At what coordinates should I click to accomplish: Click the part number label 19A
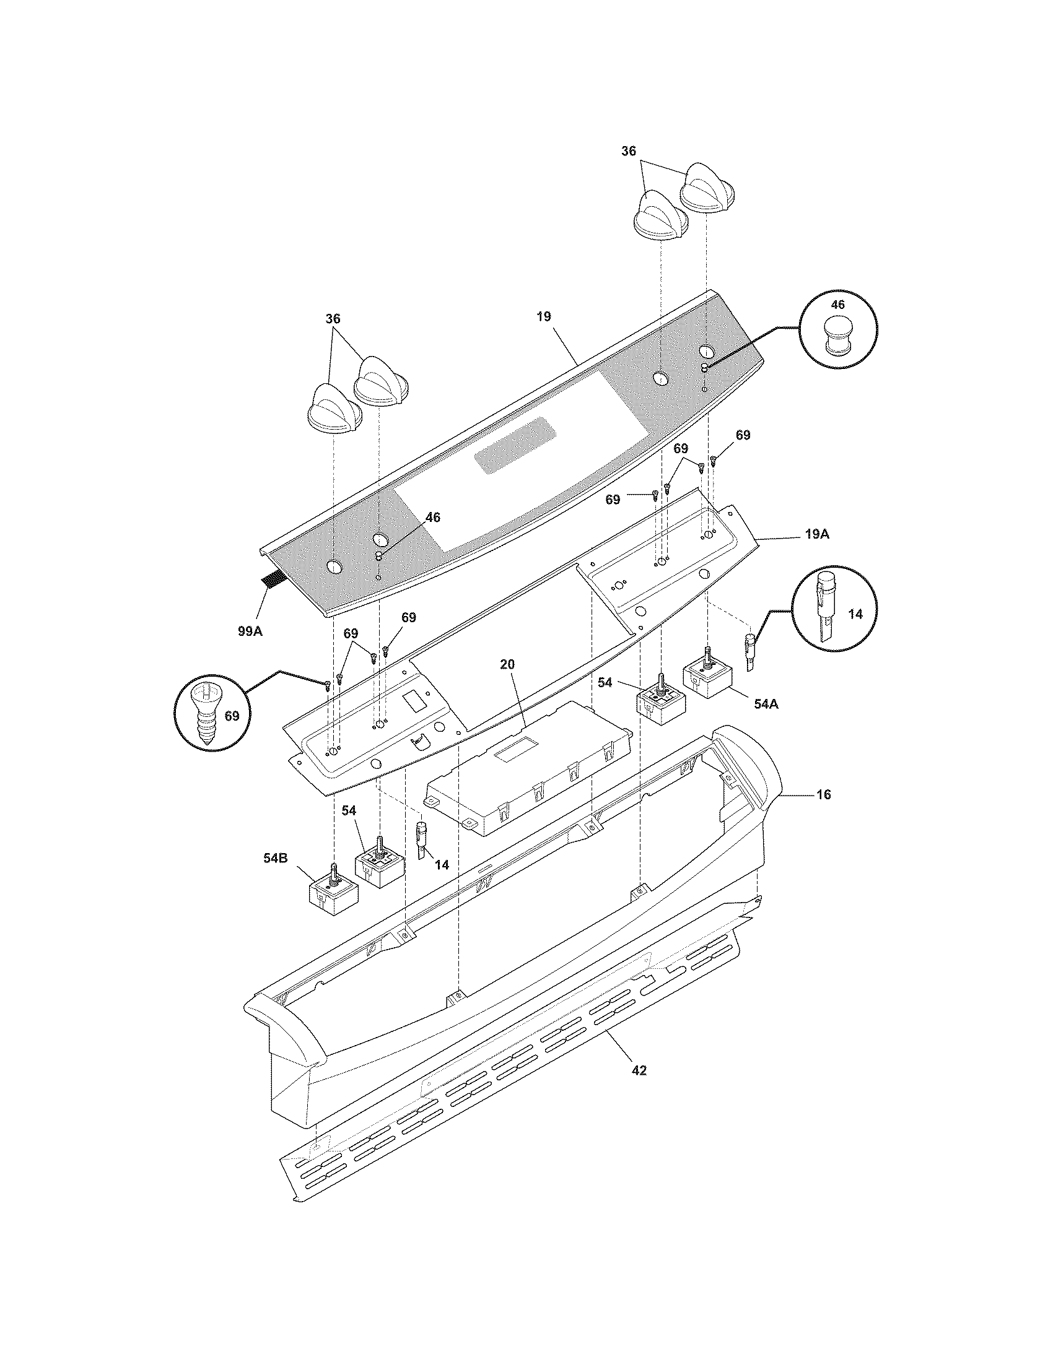pos(816,534)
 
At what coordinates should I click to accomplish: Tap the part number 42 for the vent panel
pos(639,1070)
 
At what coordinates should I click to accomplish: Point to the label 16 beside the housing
pos(823,794)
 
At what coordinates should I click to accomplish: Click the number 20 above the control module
pos(507,664)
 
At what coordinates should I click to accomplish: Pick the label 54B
pos(275,858)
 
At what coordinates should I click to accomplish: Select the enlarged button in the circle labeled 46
pos(838,336)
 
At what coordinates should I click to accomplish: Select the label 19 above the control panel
pos(543,317)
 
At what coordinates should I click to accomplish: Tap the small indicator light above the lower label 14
pos(421,837)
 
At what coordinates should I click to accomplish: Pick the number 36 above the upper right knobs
pos(629,151)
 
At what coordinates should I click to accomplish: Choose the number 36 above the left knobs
pos(333,319)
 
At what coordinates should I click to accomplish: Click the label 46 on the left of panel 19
pos(432,517)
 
